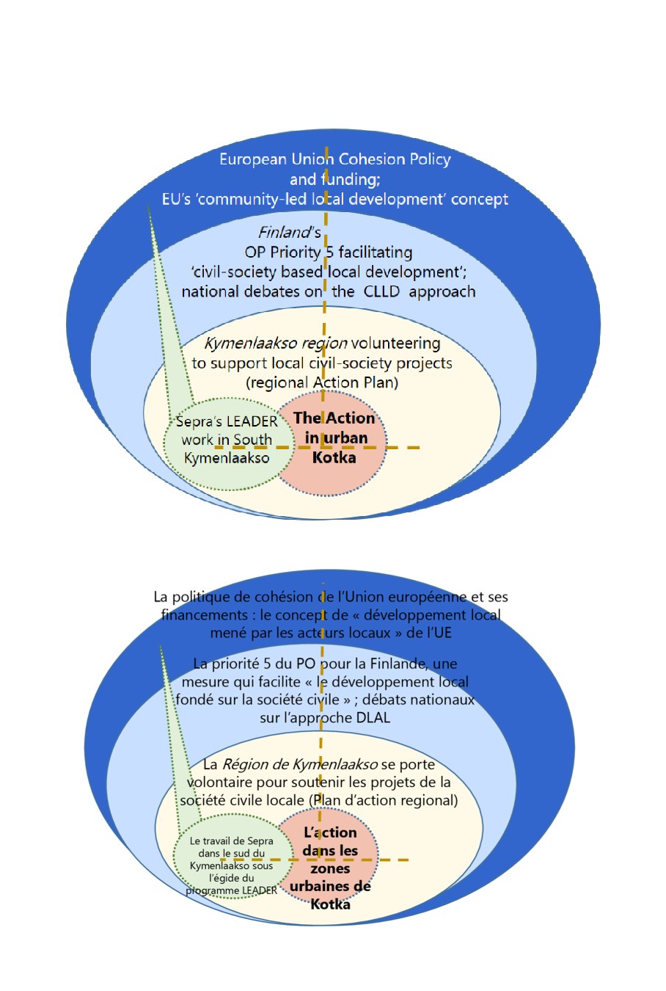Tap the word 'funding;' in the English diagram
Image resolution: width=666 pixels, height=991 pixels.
pos(351,179)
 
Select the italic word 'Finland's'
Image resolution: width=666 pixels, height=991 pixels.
pos(290,233)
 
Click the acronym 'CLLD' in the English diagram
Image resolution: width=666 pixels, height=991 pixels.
pos(381,291)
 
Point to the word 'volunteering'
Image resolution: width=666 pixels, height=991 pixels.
pos(396,343)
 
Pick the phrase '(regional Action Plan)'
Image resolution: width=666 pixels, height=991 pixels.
pos(322,382)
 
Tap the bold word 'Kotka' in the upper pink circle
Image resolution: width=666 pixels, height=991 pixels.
pos(334,457)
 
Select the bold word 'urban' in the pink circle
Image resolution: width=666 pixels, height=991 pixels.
pos(345,438)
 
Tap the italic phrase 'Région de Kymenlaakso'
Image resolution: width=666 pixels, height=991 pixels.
pos(299,764)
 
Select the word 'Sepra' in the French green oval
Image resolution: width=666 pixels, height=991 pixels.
pos(260,841)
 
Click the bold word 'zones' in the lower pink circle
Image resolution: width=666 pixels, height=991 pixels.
pos(330,868)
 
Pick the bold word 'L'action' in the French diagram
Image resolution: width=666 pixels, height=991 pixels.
pos(330,832)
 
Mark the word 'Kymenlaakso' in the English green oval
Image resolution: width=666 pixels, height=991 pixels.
pos(227,458)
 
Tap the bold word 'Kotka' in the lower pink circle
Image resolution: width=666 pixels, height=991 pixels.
pos(330,904)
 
